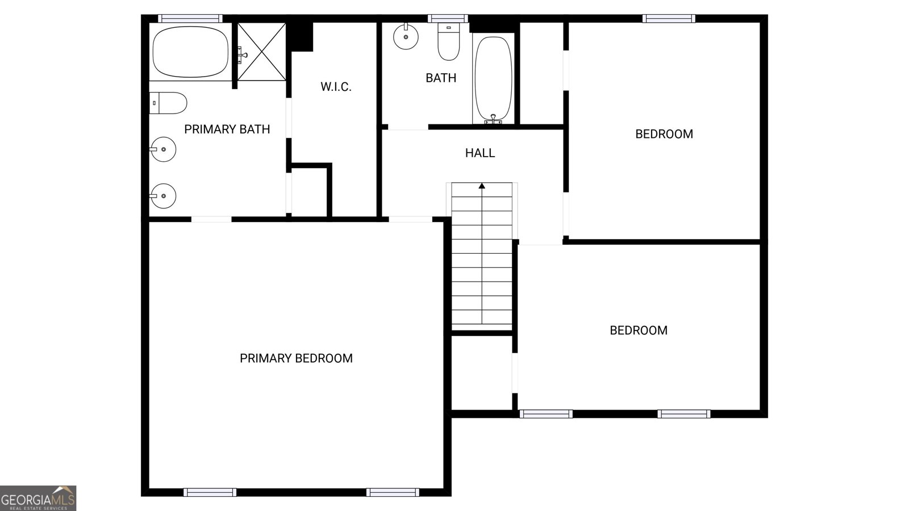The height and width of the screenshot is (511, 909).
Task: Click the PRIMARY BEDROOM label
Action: (296, 358)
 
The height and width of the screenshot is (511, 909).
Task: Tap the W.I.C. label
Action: (336, 87)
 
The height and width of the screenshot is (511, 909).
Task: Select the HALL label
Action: (480, 153)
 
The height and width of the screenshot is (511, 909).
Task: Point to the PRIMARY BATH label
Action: (227, 129)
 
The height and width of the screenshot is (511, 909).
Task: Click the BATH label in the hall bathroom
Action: (441, 78)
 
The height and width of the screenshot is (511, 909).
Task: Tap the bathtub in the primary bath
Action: (190, 52)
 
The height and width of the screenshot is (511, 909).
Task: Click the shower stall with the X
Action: (261, 52)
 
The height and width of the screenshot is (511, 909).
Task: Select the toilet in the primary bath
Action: (169, 103)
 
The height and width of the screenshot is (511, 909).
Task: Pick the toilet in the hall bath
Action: (448, 41)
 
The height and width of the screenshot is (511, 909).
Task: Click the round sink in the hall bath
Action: (406, 36)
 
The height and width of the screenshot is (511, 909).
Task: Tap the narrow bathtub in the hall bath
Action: (493, 79)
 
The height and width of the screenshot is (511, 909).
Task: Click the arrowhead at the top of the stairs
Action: (482, 186)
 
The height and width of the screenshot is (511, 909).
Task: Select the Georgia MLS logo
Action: (37, 499)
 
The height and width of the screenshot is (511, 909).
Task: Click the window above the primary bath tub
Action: (190, 19)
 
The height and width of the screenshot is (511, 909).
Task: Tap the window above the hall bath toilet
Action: (448, 19)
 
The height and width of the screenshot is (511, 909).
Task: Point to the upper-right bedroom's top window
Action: (669, 19)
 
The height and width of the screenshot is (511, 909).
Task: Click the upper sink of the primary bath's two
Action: (163, 150)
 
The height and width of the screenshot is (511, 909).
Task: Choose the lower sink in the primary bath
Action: (163, 196)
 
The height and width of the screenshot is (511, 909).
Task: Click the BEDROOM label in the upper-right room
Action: (664, 134)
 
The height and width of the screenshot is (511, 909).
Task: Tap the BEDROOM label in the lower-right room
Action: (639, 330)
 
